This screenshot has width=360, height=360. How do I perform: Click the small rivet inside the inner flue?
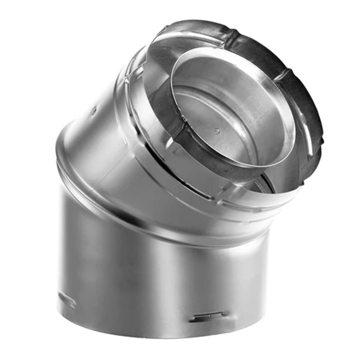(217, 131)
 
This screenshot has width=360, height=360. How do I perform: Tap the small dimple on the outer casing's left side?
(94, 110)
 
